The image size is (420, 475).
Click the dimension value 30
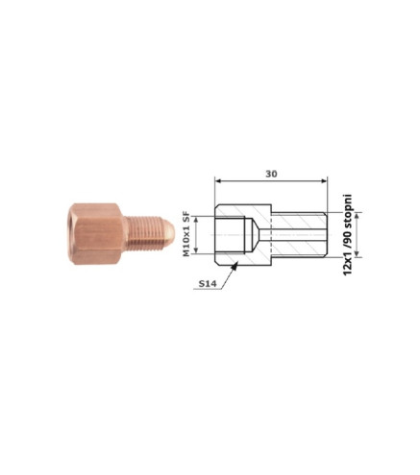[271, 174]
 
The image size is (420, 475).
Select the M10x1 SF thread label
[186, 234]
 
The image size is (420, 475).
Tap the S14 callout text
[208, 283]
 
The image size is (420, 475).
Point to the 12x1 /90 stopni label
[347, 235]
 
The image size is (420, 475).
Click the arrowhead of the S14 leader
[235, 266]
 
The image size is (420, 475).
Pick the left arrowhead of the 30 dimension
[218, 181]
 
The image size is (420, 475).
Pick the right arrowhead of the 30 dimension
[324, 181]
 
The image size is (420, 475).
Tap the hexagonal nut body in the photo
[96, 234]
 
